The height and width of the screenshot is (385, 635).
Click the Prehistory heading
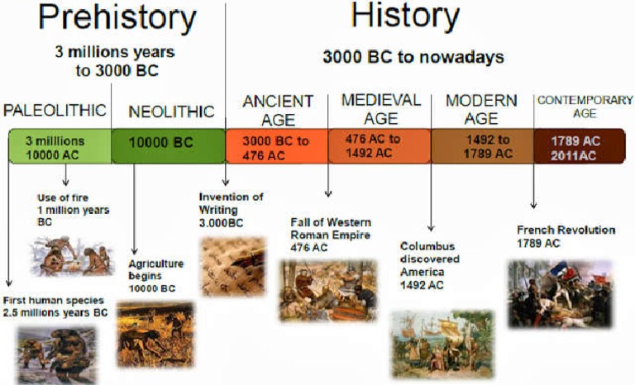117,19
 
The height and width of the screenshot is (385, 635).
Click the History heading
404,17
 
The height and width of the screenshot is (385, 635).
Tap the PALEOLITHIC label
55,110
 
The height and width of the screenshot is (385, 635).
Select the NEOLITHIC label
171,112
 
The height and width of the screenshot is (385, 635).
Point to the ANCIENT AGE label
278,109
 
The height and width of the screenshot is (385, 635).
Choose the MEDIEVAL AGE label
380,107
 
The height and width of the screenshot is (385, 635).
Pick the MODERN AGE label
481,108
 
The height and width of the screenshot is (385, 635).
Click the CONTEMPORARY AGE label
585,107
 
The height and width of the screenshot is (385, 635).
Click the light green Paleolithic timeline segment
59,147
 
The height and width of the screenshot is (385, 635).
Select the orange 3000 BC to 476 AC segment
276,146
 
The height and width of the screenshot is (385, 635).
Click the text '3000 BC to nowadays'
413,57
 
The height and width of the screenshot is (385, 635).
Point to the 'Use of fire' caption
74,210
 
